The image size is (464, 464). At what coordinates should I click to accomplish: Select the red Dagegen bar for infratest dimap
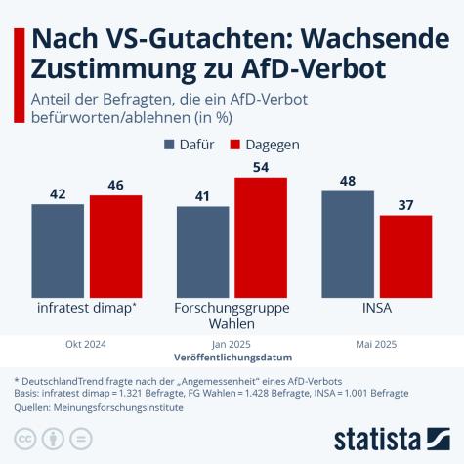click(x=115, y=245)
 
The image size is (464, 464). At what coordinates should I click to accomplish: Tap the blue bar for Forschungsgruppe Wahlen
click(x=202, y=250)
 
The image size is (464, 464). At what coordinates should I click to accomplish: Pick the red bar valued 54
click(x=261, y=235)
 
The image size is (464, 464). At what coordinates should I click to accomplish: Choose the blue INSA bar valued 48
click(x=348, y=242)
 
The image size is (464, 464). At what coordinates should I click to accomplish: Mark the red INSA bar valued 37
click(x=405, y=255)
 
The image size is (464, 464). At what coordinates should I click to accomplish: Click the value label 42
click(x=57, y=194)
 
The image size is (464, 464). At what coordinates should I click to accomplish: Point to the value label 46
click(x=115, y=186)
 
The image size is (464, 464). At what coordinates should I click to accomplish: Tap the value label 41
click(x=202, y=196)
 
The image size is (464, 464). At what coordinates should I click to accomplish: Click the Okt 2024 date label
click(x=86, y=345)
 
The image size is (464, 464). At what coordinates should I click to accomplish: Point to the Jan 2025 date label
click(x=232, y=345)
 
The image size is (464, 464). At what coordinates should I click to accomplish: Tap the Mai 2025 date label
click(x=377, y=345)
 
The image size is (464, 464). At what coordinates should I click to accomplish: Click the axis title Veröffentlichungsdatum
click(x=232, y=359)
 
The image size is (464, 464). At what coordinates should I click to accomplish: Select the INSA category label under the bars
click(x=377, y=308)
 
